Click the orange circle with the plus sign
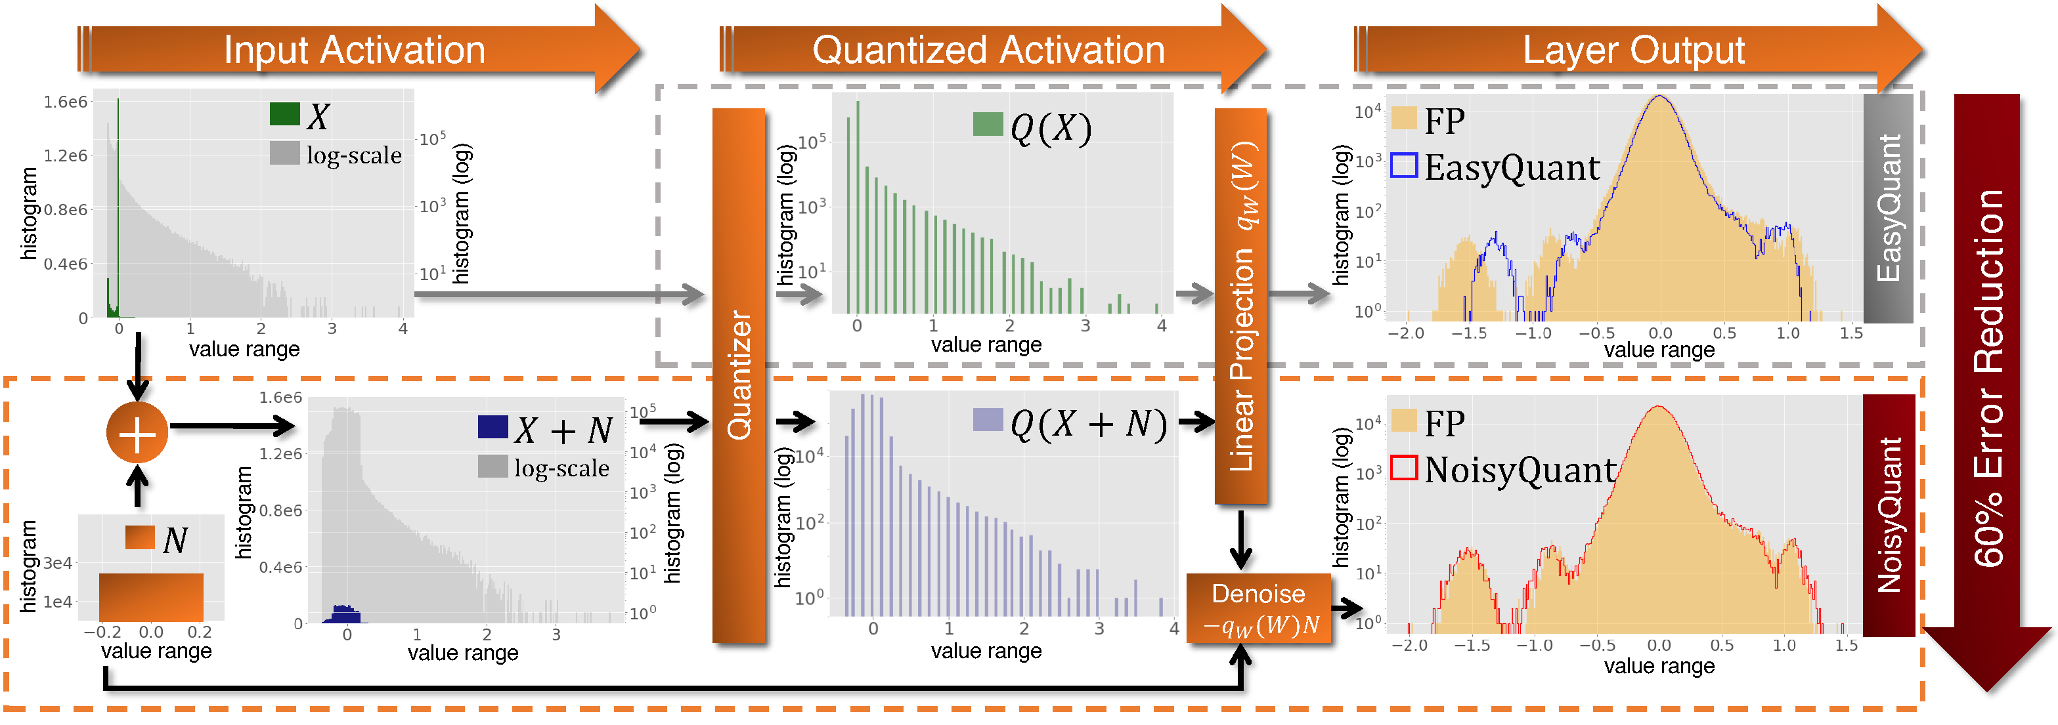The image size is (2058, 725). pyautogui.click(x=137, y=433)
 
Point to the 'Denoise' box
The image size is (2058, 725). pyautogui.click(x=1258, y=608)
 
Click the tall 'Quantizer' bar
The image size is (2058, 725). pyautogui.click(x=739, y=375)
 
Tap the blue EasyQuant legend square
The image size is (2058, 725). pyautogui.click(x=1404, y=165)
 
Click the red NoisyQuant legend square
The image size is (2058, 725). pyautogui.click(x=1404, y=468)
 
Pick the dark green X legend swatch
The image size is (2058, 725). pyautogui.click(x=284, y=114)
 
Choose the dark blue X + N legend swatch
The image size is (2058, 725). pyautogui.click(x=493, y=427)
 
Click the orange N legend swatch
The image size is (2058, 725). pyautogui.click(x=140, y=537)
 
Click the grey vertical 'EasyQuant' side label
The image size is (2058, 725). pyautogui.click(x=1889, y=207)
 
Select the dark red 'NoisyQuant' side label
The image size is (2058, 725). pyautogui.click(x=1889, y=515)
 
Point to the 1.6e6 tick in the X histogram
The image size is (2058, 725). pyautogui.click(x=66, y=102)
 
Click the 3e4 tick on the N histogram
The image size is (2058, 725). pyautogui.click(x=58, y=563)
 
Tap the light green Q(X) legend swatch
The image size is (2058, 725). pyautogui.click(x=988, y=124)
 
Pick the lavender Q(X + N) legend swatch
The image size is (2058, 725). pyautogui.click(x=988, y=420)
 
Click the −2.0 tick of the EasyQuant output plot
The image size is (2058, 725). pyautogui.click(x=1405, y=333)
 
